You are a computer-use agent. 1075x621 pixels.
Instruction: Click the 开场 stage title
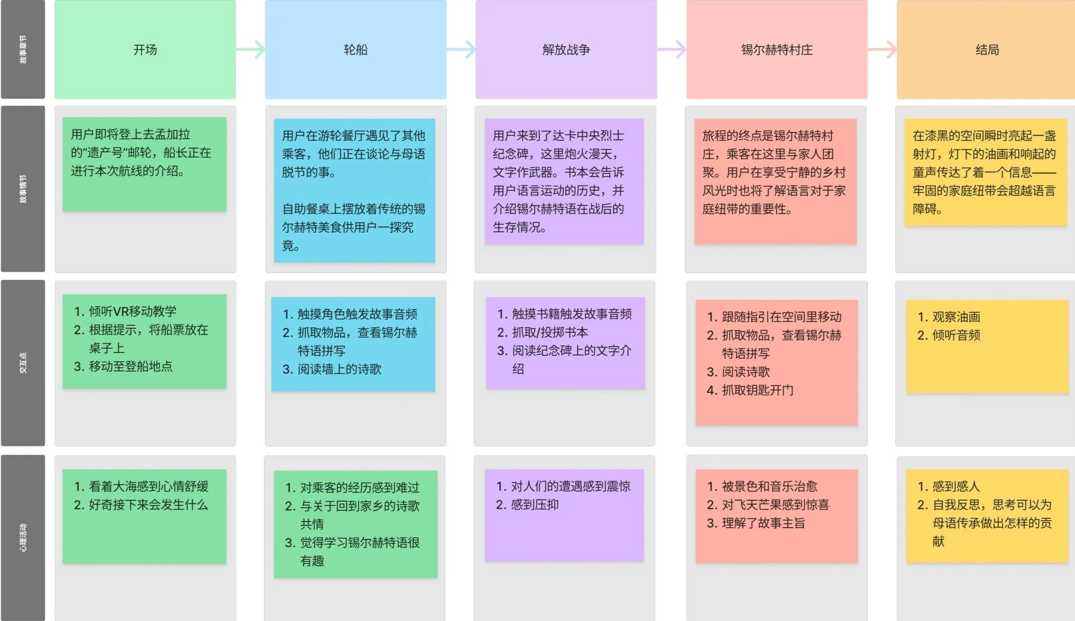coord(145,49)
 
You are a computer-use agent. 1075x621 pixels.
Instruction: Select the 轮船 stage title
coord(355,49)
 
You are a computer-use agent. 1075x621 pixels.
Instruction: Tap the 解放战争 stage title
coord(566,49)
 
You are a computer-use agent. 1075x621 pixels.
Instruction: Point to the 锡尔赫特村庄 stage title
coord(776,49)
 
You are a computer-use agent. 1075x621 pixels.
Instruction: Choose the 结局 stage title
coord(987,49)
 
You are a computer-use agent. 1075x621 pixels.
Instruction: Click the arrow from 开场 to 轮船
coord(251,49)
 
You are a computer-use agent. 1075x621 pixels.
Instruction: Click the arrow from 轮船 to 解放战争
coord(461,49)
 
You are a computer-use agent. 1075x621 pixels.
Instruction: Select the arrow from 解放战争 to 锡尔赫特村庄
coord(672,49)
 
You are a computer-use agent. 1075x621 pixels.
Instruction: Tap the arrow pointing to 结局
coord(882,49)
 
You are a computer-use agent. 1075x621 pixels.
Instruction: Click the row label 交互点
coord(23,363)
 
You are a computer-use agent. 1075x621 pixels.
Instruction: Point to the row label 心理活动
coord(23,538)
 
